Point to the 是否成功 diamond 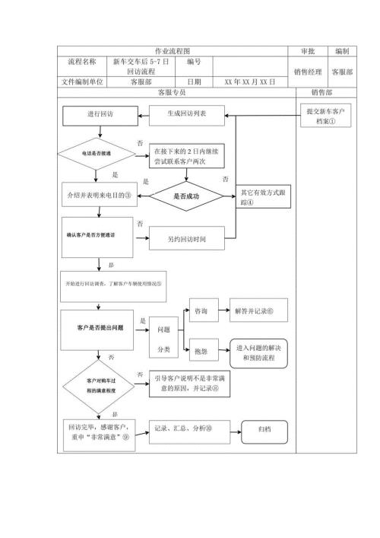pos(186,196)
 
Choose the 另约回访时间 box pos(186,239)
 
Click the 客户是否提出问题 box pos(100,327)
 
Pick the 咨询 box pos(202,311)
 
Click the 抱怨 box pos(202,352)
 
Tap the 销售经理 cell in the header pos(309,72)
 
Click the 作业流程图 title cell pos(174,50)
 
